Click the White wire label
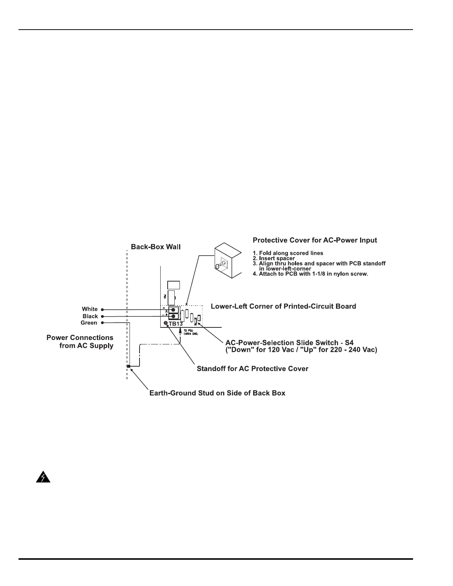[x=90, y=309]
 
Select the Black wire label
[x=90, y=316]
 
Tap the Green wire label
[x=89, y=323]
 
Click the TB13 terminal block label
[x=176, y=324]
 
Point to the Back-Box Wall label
[x=156, y=247]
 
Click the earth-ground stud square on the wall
[x=128, y=366]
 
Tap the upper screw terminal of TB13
[x=173, y=310]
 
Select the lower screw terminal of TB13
[x=173, y=316]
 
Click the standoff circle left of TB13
[x=166, y=323]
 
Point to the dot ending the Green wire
[x=102, y=323]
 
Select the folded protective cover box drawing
[x=228, y=260]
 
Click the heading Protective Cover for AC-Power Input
[x=315, y=240]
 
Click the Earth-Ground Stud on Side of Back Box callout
[x=217, y=393]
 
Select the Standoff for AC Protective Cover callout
[x=252, y=369]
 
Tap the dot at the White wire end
[x=102, y=309]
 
